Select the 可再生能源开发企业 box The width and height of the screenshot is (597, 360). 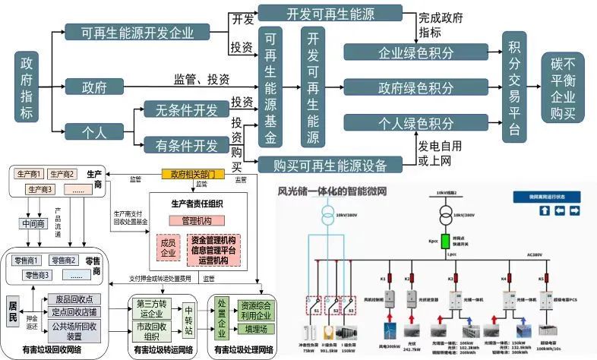[x=137, y=33]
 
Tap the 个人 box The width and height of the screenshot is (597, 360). [x=93, y=131]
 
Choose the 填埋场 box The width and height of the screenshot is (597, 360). [x=257, y=330]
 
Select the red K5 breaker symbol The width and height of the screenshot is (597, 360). [x=542, y=279]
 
